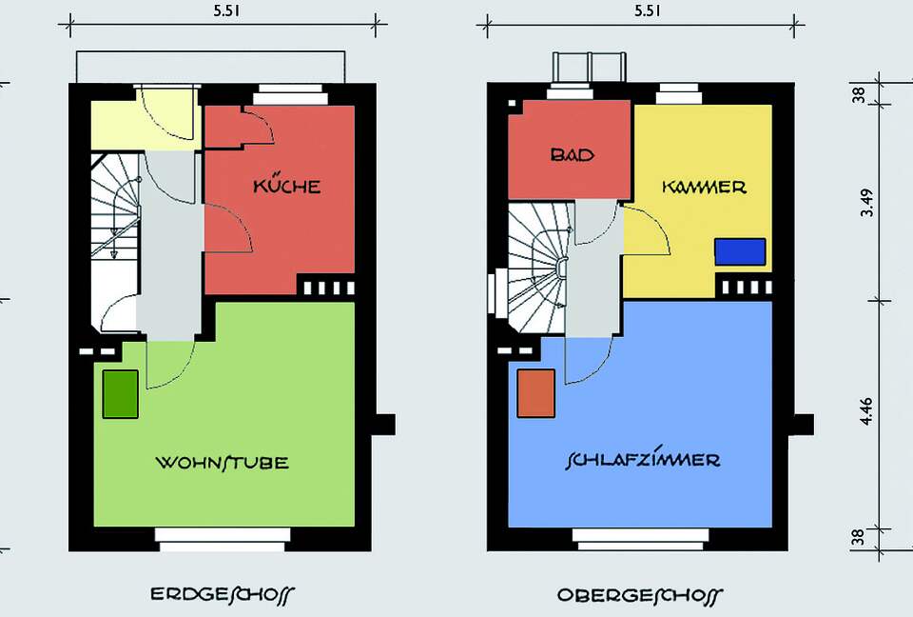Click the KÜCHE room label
coord(286,185)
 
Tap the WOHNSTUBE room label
coord(222,462)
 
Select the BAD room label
coord(573,154)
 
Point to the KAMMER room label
coord(704,187)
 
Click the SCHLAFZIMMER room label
coord(643,460)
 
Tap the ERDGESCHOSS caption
coord(222,594)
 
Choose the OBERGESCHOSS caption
coord(639,595)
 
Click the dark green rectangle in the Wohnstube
coord(121,394)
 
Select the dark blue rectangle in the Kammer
coord(740,251)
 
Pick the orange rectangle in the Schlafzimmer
coord(536,393)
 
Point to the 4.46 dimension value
coord(866,410)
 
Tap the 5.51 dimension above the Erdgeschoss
coord(226,10)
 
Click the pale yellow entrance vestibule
coord(146,125)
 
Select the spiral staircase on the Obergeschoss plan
coord(536,269)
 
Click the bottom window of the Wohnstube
coord(223,539)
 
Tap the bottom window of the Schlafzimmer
coord(640,539)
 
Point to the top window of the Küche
coord(291,94)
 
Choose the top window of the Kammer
coord(678,94)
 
